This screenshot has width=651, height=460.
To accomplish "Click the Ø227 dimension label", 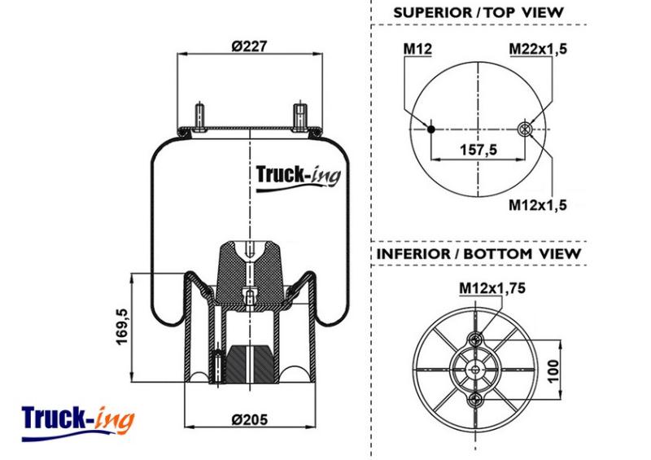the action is coord(249,46).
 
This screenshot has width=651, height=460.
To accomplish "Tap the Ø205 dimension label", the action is coord(249,419).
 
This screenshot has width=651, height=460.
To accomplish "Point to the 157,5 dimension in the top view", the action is coord(478,149).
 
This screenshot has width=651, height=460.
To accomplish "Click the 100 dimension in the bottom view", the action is coord(553,371).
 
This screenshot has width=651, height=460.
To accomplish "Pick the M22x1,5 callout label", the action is coord(538,49).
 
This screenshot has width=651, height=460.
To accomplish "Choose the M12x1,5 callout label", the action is coord(538,205).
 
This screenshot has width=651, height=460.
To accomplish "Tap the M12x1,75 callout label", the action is coord(492,287).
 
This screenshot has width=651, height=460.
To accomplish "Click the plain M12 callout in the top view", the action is coord(417,49).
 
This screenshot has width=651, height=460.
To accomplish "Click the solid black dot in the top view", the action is coord(431,129).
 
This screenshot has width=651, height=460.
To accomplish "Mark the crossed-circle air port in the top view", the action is coord(525,129).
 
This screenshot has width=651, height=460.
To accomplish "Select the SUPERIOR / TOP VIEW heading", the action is coord(478,12).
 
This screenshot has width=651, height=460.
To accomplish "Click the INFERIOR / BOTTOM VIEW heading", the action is coord(478,253).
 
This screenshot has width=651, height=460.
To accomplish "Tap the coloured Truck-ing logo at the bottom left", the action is coord(77,423).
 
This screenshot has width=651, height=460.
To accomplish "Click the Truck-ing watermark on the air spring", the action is coord(298,177).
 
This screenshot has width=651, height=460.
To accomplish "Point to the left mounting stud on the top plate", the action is coord(199,116).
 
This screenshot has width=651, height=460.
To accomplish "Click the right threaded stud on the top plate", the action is coord(299,116).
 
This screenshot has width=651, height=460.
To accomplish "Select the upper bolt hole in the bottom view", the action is coord(475,339).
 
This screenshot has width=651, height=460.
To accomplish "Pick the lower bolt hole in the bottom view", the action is coord(475,401).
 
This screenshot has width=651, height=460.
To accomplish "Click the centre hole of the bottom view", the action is coord(475,370).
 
